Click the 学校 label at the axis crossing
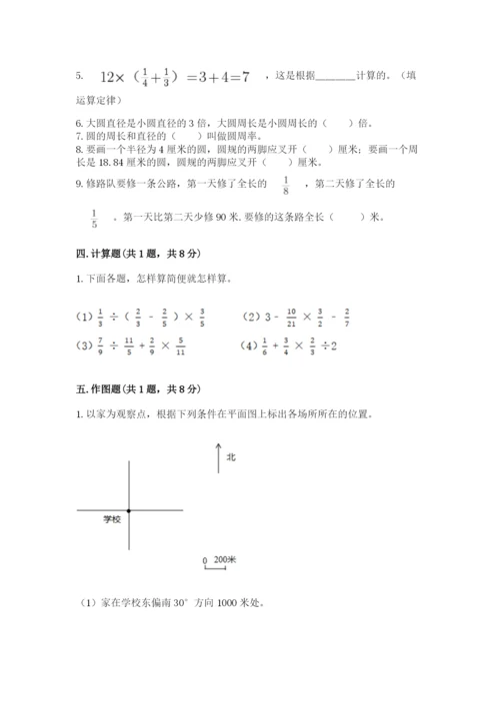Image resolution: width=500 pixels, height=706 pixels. point(112,520)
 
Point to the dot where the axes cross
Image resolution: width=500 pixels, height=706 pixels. point(129,510)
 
